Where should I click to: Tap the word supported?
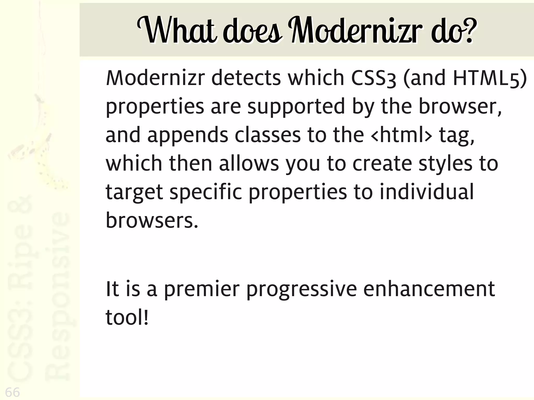tap(296, 107)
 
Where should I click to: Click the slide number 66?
tap(12, 392)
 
